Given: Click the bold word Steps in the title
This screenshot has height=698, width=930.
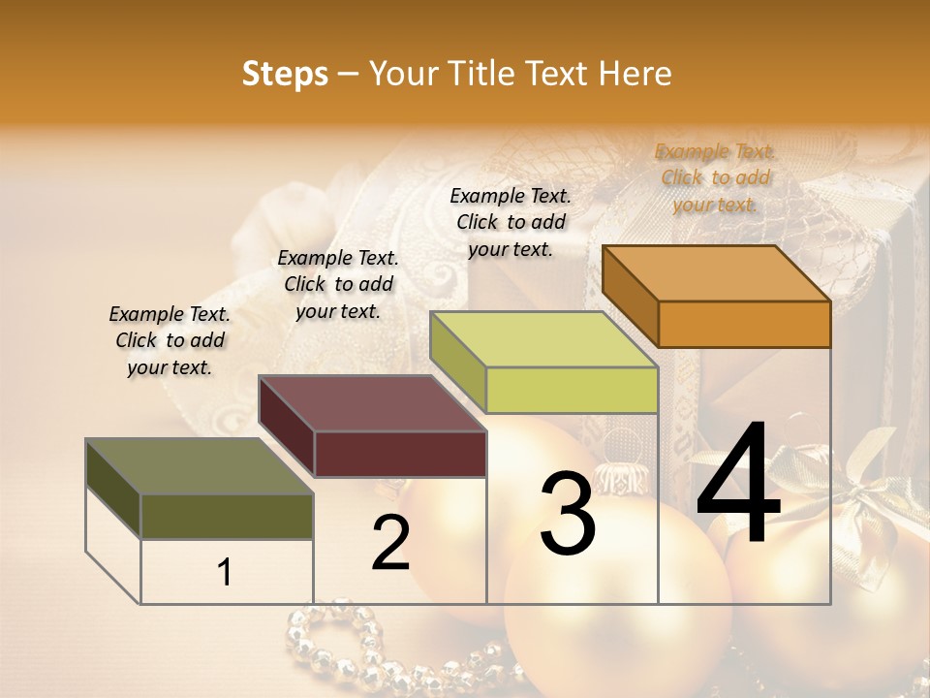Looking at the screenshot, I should [x=285, y=74].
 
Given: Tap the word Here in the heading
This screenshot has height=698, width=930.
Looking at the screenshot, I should [x=635, y=74].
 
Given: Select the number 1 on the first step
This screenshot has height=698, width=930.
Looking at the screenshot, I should [x=225, y=573].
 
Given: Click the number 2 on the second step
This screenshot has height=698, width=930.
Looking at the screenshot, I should [x=390, y=543].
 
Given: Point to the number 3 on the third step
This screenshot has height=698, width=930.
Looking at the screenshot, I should [x=567, y=515].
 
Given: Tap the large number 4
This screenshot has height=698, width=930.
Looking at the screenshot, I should [x=738, y=484].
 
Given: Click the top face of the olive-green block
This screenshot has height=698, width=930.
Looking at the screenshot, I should [x=200, y=466].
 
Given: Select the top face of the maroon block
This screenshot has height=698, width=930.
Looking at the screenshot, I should [x=372, y=403].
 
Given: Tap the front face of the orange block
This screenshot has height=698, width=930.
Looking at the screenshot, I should [x=744, y=324].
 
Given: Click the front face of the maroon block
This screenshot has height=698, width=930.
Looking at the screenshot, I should [x=400, y=454].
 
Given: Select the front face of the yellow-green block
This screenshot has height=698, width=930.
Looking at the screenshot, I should [x=572, y=390].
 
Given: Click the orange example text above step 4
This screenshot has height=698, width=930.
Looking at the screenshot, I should [x=715, y=177].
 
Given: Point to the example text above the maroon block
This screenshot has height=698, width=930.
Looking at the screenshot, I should [x=338, y=284].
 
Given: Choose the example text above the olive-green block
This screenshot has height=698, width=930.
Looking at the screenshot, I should [x=170, y=340].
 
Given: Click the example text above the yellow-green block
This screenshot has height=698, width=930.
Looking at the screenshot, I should [x=511, y=222].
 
